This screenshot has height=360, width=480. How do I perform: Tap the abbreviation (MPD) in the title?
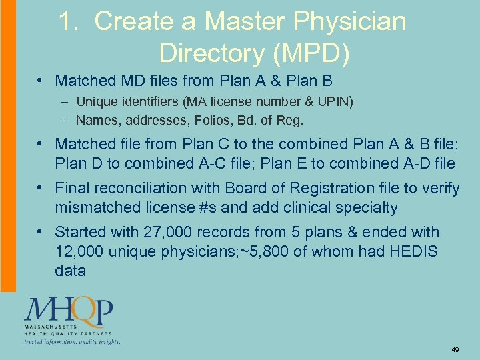pos(307,53)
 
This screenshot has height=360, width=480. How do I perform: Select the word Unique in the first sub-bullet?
pos(97,102)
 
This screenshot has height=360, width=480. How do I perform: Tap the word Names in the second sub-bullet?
pos(96,121)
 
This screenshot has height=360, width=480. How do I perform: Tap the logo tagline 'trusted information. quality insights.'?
pos(72,342)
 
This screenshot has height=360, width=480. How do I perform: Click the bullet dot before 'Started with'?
pos(42,232)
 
